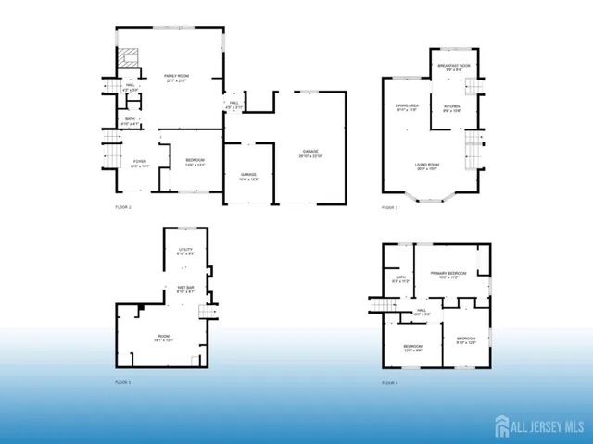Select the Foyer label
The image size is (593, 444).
pos(140,164)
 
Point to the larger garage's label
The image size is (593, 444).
pos(309,154)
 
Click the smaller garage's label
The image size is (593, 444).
pos(248,176)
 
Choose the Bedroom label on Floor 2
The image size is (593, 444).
pos(194,163)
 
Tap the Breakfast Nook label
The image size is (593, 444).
pos(458,68)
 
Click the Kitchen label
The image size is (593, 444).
pos(451,110)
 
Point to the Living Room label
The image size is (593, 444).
pos(427,166)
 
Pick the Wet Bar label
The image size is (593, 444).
pos(185,290)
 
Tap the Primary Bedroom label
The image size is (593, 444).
pos(449,276)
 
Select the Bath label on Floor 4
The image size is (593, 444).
pos(401,278)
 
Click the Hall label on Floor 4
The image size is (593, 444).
pos(421,312)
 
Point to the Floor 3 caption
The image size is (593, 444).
pos(390,208)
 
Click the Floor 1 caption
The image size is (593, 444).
pos(123,381)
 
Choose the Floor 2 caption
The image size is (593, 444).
pos(123,208)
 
